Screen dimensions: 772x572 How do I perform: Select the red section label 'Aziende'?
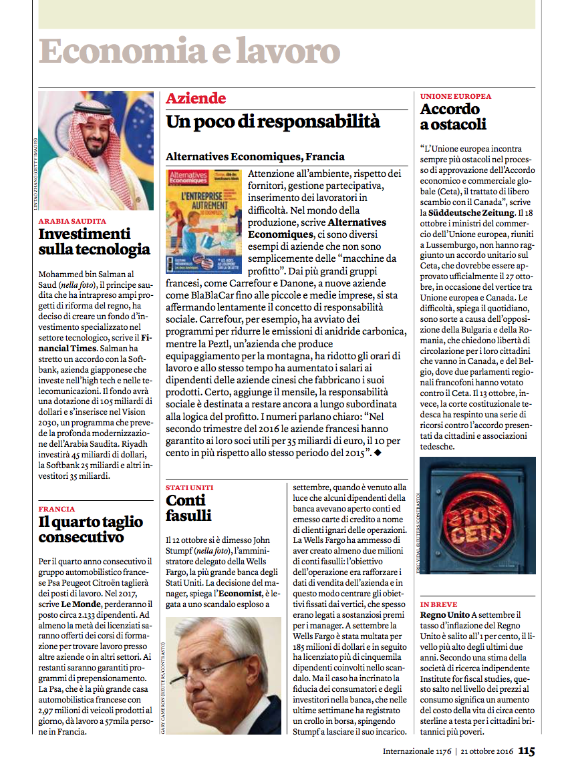click(x=196, y=99)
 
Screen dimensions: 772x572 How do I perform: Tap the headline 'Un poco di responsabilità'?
click(x=273, y=122)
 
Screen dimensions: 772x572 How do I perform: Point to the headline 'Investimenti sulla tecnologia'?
click(x=94, y=242)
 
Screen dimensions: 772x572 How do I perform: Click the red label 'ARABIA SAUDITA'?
click(x=72, y=221)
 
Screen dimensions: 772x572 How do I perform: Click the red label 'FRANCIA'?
click(x=57, y=509)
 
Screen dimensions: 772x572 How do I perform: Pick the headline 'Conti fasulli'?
click(x=188, y=508)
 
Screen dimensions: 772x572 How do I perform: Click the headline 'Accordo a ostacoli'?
click(x=452, y=116)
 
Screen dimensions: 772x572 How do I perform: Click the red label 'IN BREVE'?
click(x=438, y=604)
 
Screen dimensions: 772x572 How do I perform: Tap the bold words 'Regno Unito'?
click(x=444, y=614)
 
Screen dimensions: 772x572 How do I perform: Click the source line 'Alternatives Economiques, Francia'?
click(x=255, y=157)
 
